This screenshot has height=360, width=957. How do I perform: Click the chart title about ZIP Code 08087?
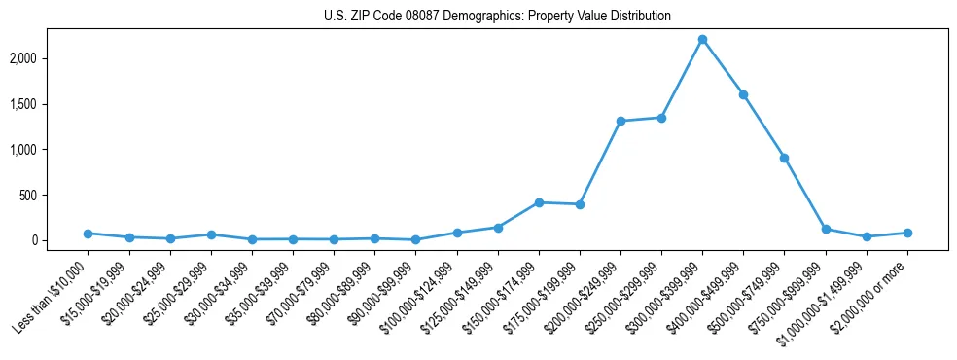(x=497, y=17)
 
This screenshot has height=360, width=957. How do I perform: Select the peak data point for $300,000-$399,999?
(x=702, y=40)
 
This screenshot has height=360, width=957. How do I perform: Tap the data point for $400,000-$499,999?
(x=743, y=94)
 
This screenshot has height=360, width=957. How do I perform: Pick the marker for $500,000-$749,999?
(x=784, y=158)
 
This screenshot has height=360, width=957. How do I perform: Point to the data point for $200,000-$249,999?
(x=620, y=121)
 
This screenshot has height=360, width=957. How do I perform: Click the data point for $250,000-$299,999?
(x=661, y=118)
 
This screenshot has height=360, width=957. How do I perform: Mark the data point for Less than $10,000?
(x=88, y=234)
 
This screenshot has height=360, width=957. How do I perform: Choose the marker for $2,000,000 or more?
(x=906, y=233)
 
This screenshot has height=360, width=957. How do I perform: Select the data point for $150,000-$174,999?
(x=539, y=202)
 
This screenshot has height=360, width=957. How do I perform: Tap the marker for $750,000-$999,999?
(x=825, y=230)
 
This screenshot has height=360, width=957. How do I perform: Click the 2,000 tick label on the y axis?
(x=49, y=58)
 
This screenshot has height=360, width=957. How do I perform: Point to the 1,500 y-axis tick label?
(x=49, y=104)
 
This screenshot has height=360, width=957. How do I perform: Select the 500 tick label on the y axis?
(x=54, y=195)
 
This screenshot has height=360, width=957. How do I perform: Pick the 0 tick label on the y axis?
(x=61, y=240)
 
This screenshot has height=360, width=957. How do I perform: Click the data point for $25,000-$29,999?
(x=211, y=234)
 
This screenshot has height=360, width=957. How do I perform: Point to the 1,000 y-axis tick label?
(x=49, y=150)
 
